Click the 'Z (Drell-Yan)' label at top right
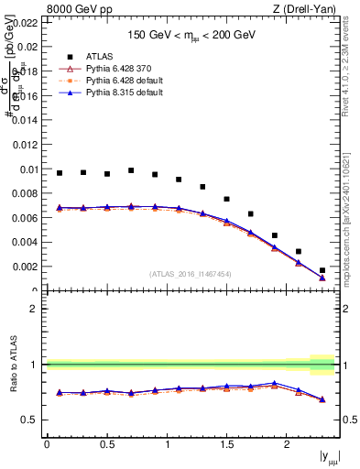click(x=305, y=9)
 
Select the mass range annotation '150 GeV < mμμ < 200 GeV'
click(x=191, y=35)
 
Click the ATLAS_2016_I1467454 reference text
click(x=191, y=274)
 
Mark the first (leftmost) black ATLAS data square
click(x=60, y=173)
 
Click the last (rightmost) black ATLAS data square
click(x=322, y=270)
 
